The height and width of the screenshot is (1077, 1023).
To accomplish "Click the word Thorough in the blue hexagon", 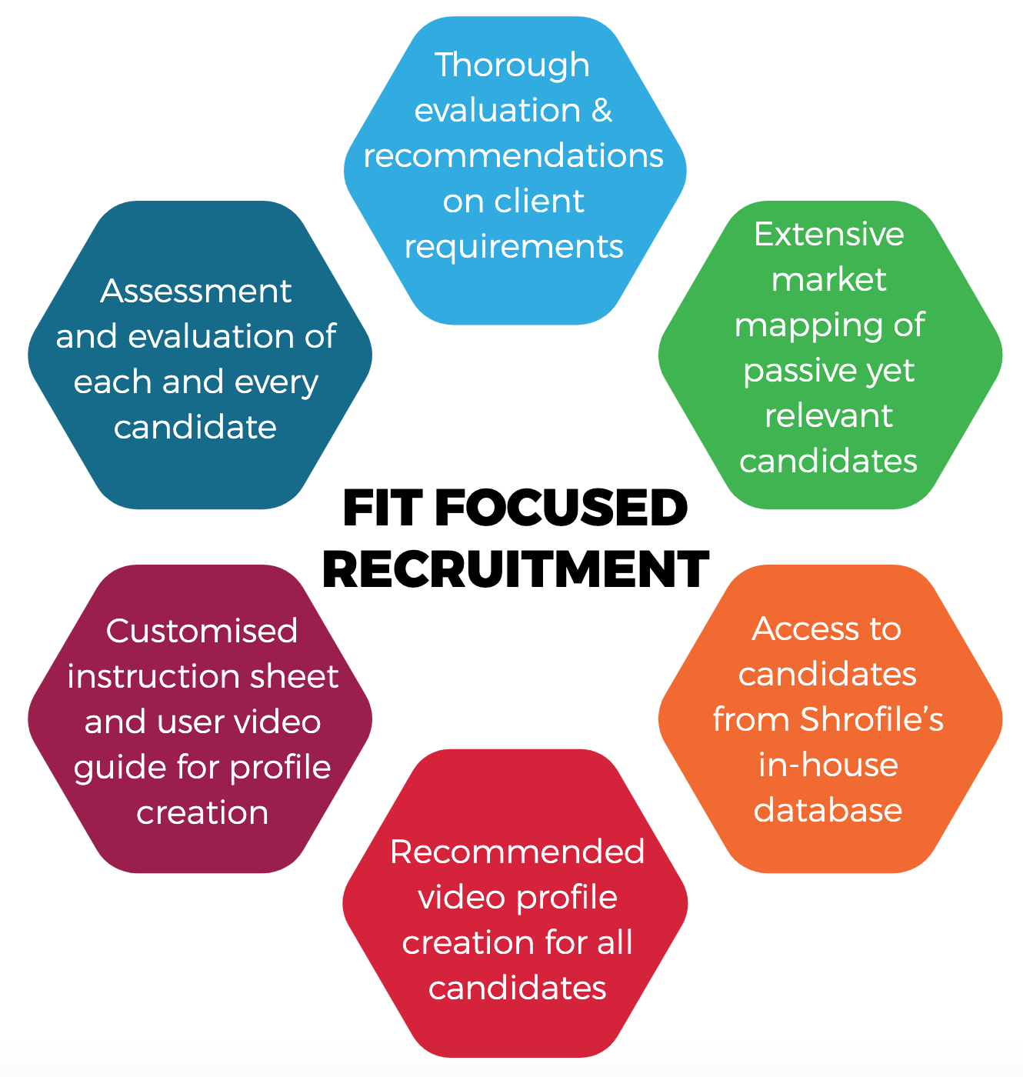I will point(512,66).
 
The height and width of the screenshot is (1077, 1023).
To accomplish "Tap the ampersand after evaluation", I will point(601,111).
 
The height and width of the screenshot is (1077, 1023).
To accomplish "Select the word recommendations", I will point(513,156).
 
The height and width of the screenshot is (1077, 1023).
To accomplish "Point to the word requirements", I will point(513,247).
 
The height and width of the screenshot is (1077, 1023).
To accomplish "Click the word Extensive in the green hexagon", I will point(828,234).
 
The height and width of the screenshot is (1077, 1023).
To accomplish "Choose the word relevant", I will point(828,416).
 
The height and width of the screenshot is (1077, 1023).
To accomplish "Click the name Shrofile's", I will point(871,720).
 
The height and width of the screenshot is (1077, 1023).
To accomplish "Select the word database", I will point(828,811).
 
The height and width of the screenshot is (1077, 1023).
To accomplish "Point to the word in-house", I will point(828,765).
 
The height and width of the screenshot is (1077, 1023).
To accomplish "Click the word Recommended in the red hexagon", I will point(517,852).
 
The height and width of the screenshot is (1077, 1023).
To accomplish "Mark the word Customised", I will point(202,632).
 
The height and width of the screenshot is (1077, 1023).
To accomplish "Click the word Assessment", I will point(196,292).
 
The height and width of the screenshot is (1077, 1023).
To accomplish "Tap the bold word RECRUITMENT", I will point(515,569).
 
